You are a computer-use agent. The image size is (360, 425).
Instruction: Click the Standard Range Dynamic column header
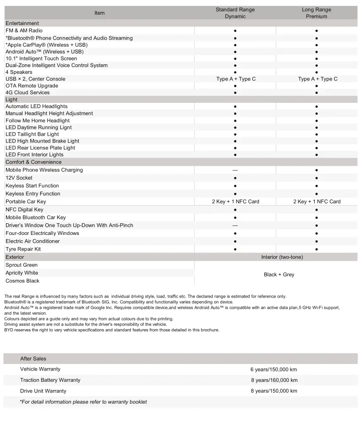[235, 13]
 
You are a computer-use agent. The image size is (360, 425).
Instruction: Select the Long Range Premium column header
[316, 13]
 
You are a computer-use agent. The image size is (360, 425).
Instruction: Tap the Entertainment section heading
[22, 23]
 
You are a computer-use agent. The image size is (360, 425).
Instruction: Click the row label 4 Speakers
[19, 72]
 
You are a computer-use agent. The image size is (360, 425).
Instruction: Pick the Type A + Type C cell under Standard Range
[236, 79]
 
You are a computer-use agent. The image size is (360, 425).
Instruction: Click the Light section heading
[12, 99]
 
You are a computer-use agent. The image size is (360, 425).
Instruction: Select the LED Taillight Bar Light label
[32, 134]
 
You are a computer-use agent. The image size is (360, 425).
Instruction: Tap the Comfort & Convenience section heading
[33, 162]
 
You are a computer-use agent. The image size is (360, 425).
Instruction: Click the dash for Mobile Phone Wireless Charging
[235, 170]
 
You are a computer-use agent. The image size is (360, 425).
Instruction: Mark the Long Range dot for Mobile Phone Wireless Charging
[316, 170]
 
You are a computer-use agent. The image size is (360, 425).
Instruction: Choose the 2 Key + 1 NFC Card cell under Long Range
[317, 202]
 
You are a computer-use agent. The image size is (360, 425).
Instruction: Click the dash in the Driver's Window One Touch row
[235, 225]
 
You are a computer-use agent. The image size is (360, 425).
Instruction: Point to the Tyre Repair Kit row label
[23, 249]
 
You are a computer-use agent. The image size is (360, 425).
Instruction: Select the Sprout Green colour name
[22, 265]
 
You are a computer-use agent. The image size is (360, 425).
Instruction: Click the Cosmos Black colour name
[22, 281]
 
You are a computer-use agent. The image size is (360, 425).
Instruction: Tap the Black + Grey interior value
[279, 275]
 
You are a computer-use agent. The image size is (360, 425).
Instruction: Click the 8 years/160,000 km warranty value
[274, 380]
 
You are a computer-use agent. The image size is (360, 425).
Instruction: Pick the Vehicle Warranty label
[40, 369]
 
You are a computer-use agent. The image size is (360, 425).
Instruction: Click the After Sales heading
[33, 358]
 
